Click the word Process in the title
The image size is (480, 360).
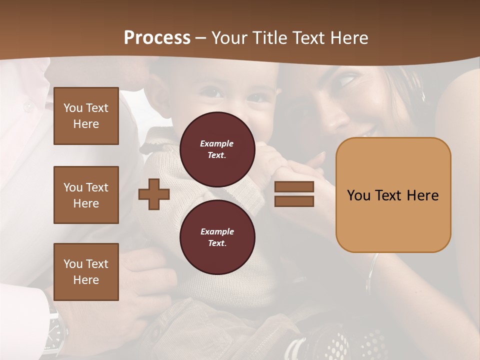tap(157, 38)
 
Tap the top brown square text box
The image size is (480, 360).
tap(86, 116)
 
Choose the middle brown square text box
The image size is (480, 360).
tap(86, 195)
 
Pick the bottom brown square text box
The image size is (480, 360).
tap(86, 271)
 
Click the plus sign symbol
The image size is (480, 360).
tap(154, 194)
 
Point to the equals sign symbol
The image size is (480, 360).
tap(294, 194)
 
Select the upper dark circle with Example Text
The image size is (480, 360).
tap(217, 149)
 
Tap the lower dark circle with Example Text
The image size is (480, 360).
tap(217, 237)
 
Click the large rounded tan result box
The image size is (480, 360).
tap(393, 195)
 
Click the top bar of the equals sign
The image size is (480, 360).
tap(294, 187)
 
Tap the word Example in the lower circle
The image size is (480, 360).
tap(217, 232)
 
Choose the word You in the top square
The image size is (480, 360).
tap(73, 108)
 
